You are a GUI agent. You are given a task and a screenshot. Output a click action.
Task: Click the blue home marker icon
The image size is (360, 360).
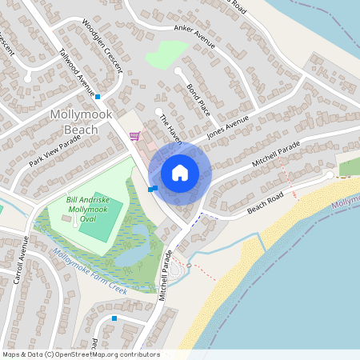[179, 173]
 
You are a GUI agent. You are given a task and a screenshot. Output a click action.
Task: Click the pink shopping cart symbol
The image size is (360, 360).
[134, 136]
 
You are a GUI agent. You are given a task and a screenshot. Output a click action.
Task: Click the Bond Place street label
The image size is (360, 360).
[197, 98]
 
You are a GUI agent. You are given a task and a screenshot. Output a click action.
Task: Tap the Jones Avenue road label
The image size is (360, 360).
[228, 126]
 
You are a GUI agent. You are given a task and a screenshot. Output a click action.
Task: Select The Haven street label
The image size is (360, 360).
[170, 129]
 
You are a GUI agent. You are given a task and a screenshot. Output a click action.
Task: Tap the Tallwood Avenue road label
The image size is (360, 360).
[78, 70]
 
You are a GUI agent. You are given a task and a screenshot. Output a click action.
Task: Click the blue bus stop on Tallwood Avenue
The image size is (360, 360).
[98, 97]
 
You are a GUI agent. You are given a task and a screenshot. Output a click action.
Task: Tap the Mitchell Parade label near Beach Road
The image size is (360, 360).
[276, 154]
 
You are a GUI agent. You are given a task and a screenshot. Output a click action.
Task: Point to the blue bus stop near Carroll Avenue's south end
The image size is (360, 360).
[114, 318]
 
